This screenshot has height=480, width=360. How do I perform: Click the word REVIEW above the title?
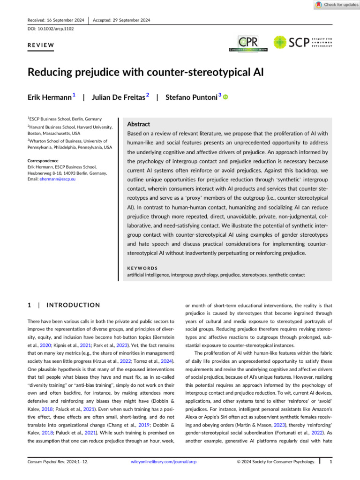click(x=41, y=45)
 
